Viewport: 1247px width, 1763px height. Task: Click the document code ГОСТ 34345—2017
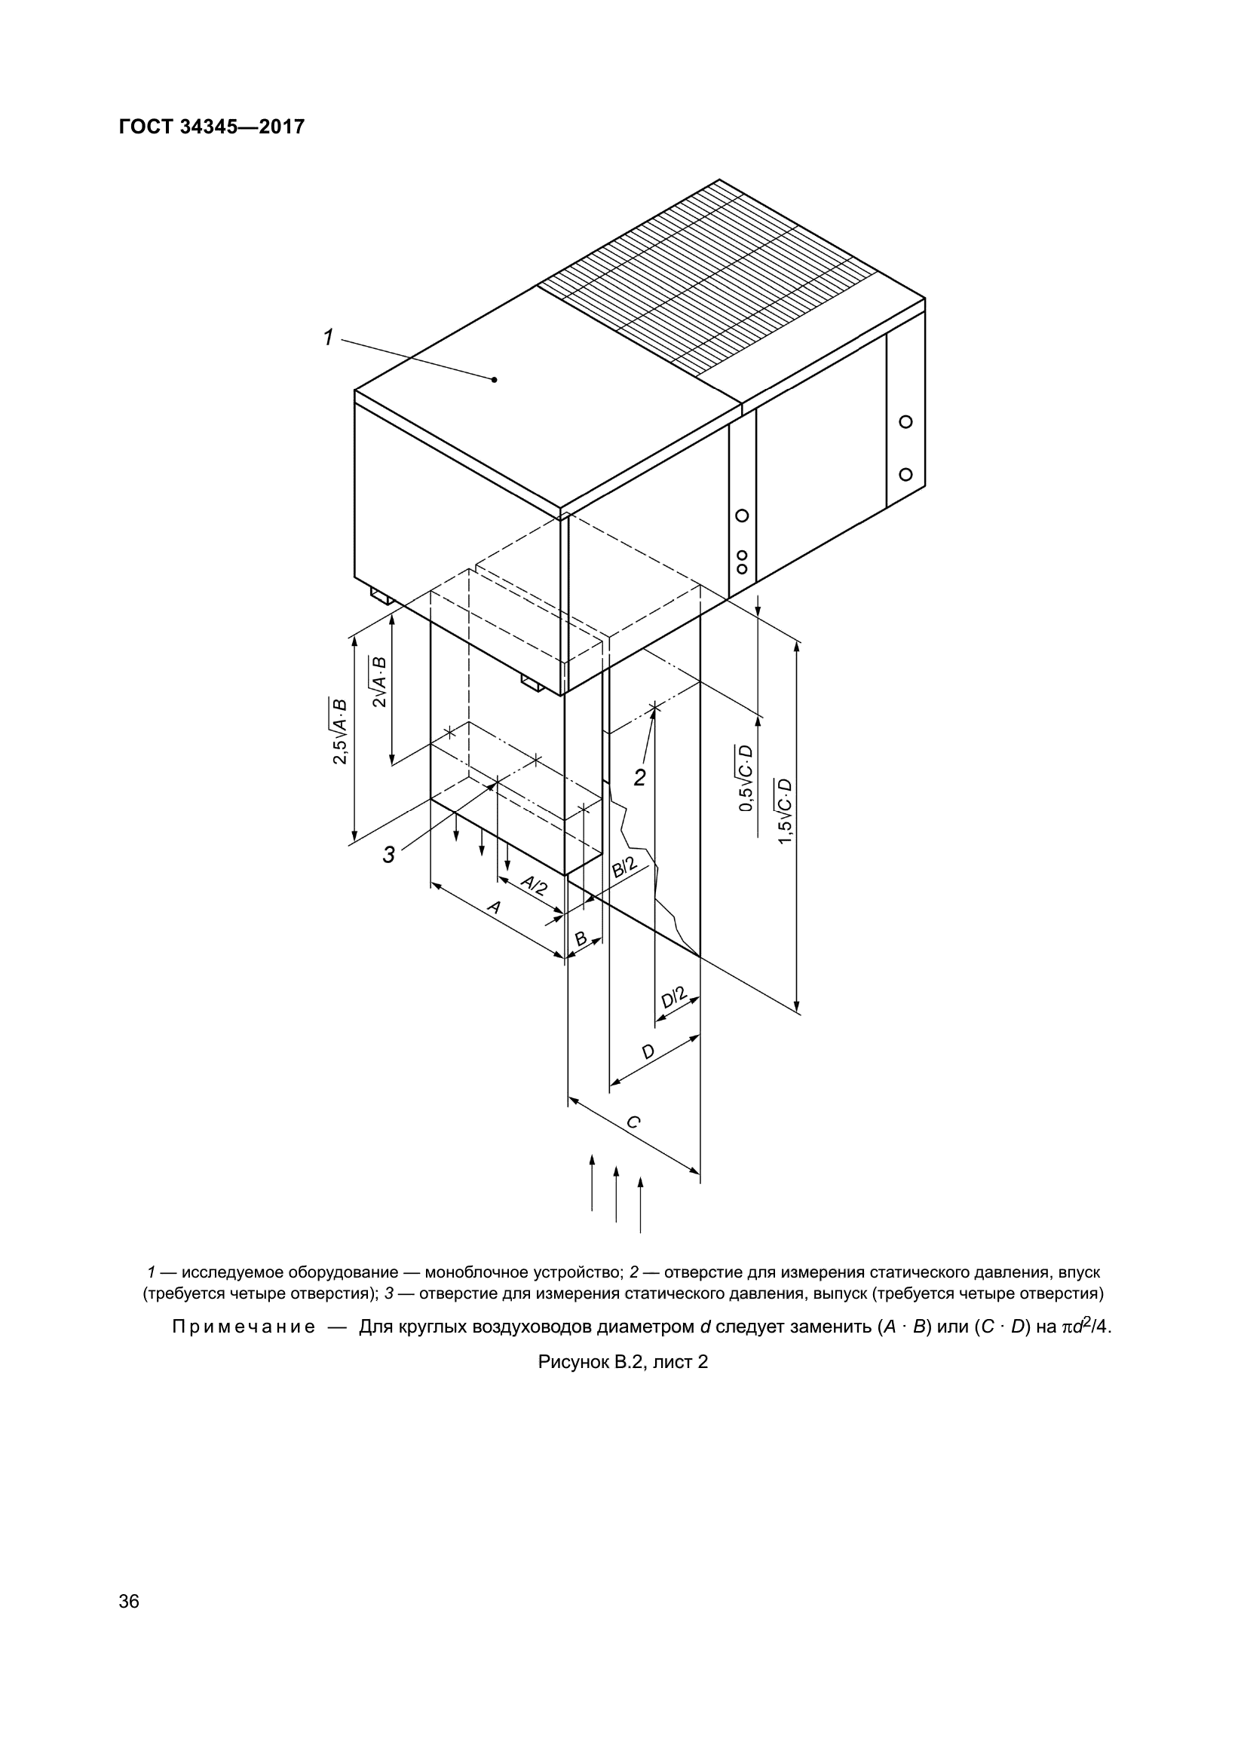pyautogui.click(x=212, y=127)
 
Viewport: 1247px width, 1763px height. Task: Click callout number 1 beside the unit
pyautogui.click(x=328, y=337)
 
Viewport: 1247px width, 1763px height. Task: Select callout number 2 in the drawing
pyautogui.click(x=640, y=778)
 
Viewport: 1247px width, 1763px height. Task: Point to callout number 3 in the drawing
pyautogui.click(x=389, y=855)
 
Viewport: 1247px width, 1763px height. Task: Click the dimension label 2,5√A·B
pyautogui.click(x=339, y=731)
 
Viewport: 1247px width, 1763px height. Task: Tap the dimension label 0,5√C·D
pyautogui.click(x=746, y=778)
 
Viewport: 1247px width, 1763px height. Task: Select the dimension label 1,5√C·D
pyautogui.click(x=785, y=812)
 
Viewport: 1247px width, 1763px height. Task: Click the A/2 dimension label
pyautogui.click(x=535, y=886)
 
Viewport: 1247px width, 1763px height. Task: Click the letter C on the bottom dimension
pyautogui.click(x=633, y=1122)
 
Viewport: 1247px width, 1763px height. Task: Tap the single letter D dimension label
pyautogui.click(x=648, y=1052)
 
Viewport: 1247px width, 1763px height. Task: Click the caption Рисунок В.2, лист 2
pyautogui.click(x=623, y=1362)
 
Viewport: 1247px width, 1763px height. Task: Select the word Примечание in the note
pyautogui.click(x=244, y=1327)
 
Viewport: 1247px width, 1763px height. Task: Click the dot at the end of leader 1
pyautogui.click(x=495, y=379)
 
